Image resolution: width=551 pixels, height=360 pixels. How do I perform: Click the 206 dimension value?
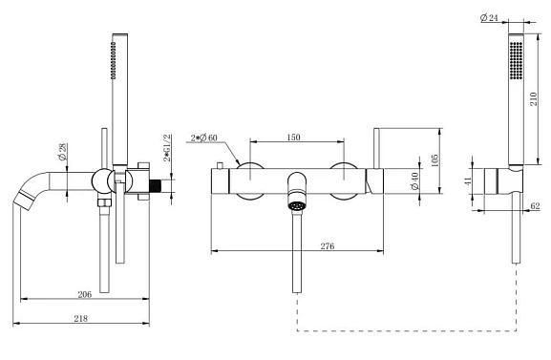(85, 294)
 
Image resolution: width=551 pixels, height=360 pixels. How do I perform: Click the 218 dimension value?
(81, 318)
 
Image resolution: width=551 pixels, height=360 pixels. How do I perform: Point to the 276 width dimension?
(328, 246)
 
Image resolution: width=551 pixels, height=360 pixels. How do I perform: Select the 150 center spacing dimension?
(294, 138)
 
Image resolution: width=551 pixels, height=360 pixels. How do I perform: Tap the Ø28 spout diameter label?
(63, 152)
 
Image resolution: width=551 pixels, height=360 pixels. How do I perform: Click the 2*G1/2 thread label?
(167, 148)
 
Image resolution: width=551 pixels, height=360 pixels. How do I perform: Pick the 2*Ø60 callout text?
(204, 138)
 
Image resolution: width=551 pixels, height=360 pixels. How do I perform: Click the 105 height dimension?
(434, 160)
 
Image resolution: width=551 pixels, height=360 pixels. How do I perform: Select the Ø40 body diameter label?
(415, 180)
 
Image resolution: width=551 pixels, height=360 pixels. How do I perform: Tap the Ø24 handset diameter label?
(489, 17)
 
